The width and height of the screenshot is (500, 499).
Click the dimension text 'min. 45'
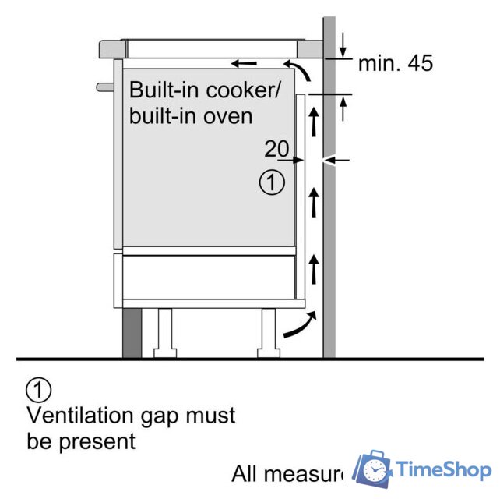395,64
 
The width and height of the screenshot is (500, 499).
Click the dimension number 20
276,148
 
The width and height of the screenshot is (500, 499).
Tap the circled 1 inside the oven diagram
269,183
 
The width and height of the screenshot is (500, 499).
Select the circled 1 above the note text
39,389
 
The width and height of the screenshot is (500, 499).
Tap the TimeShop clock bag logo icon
372,469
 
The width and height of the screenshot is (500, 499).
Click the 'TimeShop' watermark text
442,469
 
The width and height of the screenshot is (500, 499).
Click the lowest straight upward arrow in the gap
314,267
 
